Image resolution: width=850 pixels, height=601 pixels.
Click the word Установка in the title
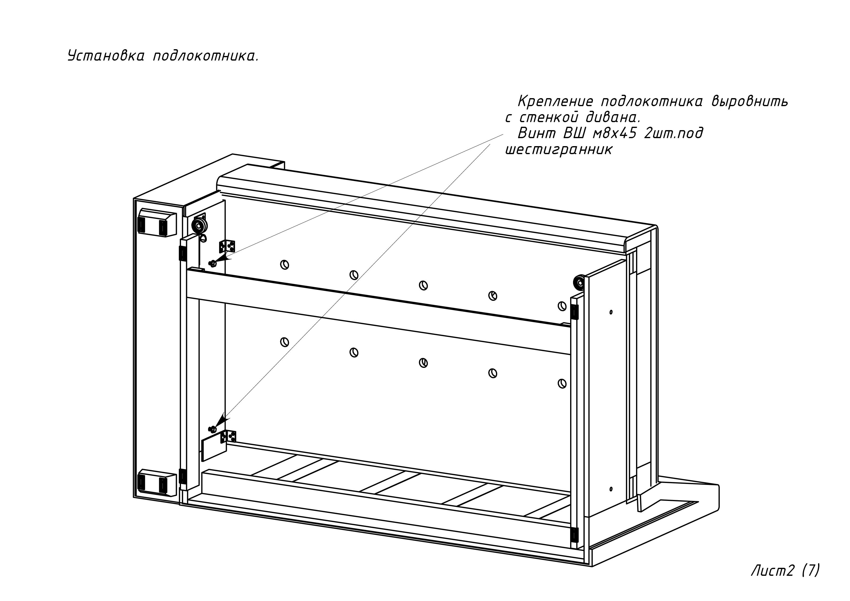click(x=106, y=56)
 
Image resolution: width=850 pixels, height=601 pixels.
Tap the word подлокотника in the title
click(x=206, y=56)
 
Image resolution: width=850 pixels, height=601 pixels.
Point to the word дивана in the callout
click(x=613, y=117)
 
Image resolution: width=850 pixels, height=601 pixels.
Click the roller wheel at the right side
click(x=579, y=283)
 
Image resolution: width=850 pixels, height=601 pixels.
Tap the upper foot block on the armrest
click(x=157, y=223)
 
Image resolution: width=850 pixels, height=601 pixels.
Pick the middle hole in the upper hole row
click(x=423, y=285)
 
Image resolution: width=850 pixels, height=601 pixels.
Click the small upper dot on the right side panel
click(x=611, y=312)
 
